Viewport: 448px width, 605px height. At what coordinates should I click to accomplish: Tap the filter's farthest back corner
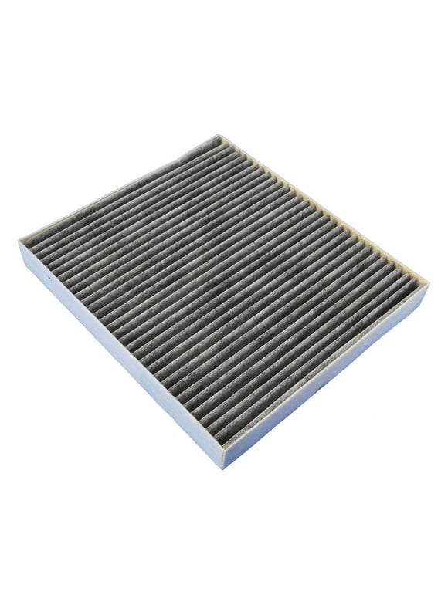click(221, 137)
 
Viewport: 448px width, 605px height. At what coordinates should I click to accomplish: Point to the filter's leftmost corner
click(19, 242)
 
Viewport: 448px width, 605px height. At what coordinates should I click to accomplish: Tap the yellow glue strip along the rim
click(324, 204)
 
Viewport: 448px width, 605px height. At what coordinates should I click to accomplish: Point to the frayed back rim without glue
click(116, 190)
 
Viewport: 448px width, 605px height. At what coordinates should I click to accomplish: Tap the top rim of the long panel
click(116, 340)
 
